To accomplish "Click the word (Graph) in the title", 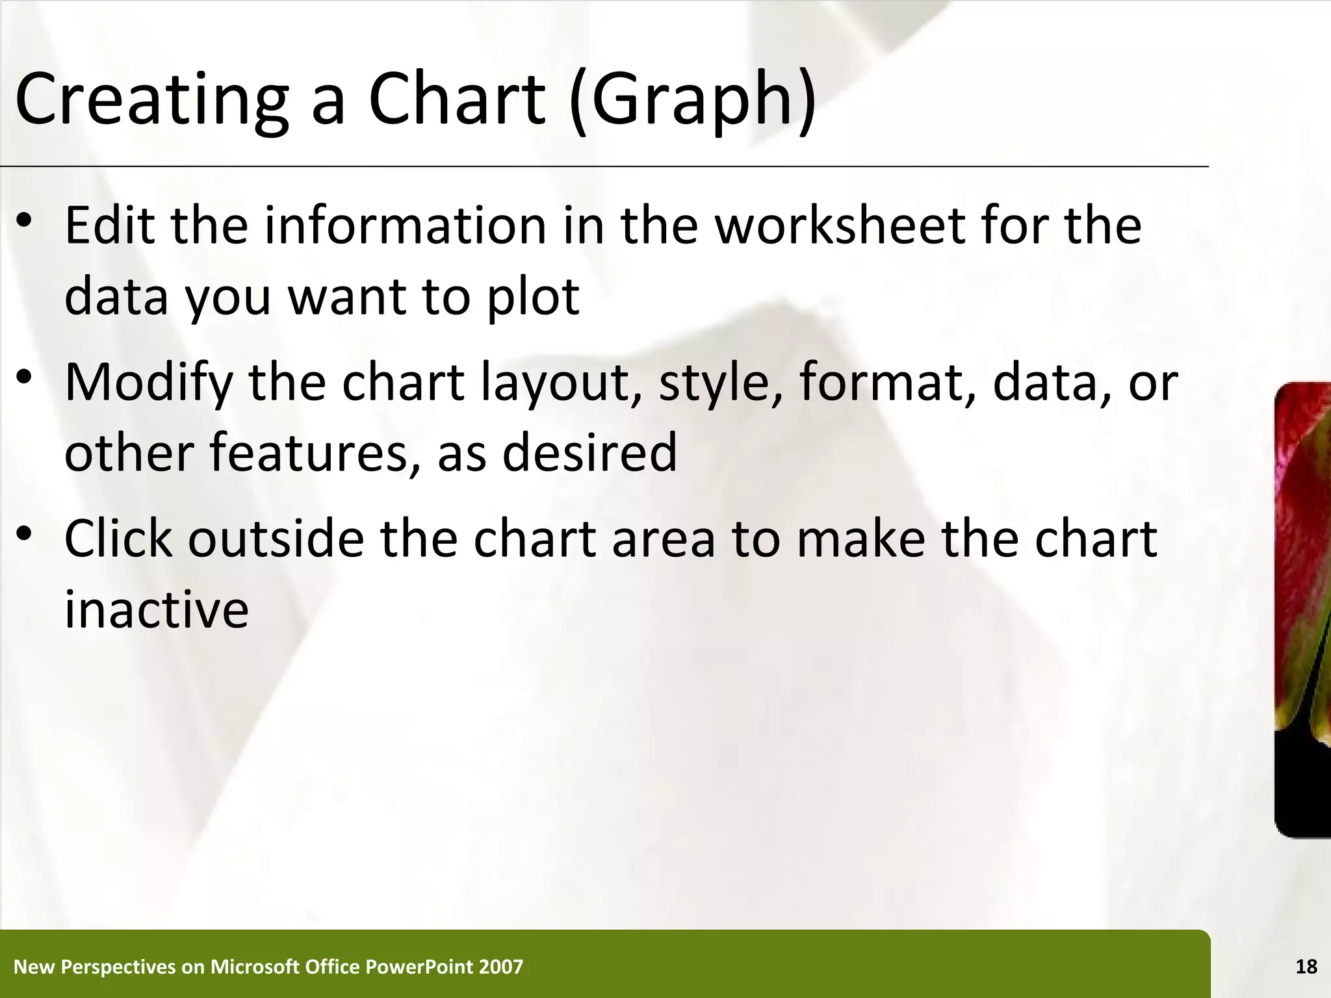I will (x=692, y=101).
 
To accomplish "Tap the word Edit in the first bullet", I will (x=110, y=225).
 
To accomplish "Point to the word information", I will (x=405, y=225).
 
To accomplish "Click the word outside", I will (x=276, y=539).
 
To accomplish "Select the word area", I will (x=663, y=540).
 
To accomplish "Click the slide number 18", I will (x=1306, y=967).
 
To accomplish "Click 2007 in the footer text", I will (x=500, y=967).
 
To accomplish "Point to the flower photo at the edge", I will (x=1302, y=611).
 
